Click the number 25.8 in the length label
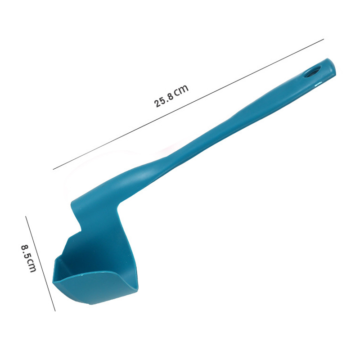pos(164,99)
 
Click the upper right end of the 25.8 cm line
pos(324,40)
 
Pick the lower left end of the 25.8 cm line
pos(53,169)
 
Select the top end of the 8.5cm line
pos(26,216)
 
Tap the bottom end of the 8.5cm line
pos(55,310)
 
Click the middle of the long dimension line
pos(188,104)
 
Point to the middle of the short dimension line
pos(40,264)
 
